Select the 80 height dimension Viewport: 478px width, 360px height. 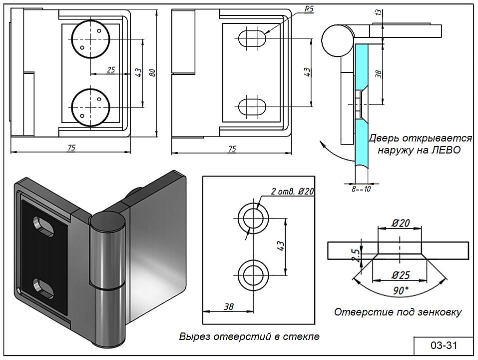coord(153,73)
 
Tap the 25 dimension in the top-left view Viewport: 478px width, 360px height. coord(111,70)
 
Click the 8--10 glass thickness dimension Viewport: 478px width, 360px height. coord(361,189)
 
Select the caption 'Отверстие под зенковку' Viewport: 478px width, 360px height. coord(398,312)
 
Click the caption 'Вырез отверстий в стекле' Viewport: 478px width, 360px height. coord(249,336)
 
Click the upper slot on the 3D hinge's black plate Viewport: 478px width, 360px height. coord(44,225)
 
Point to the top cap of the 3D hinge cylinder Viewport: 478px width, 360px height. coord(106,220)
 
